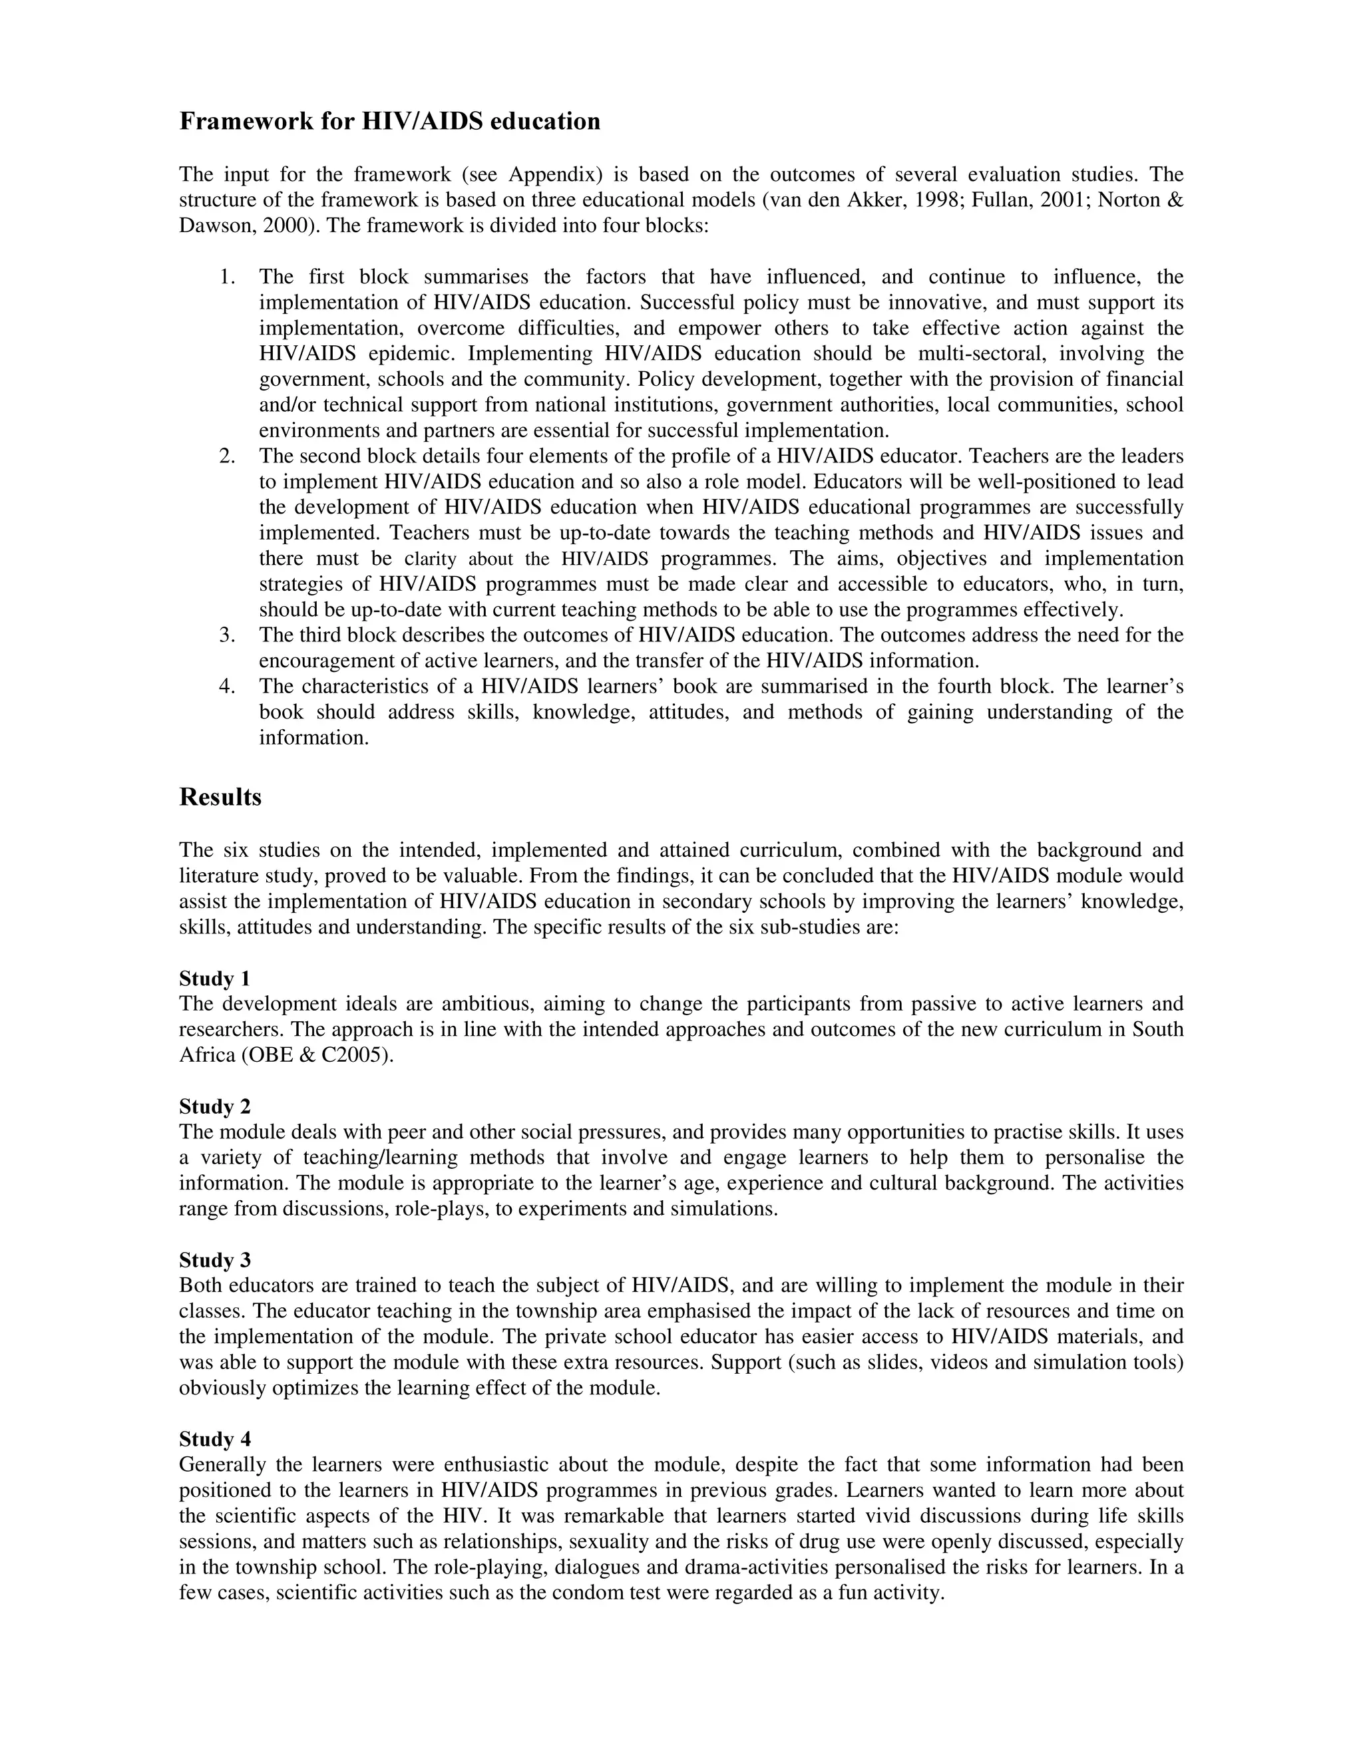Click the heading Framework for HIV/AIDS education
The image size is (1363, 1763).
[x=389, y=122]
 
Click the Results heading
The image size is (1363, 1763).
[x=220, y=798]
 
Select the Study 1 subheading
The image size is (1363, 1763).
[x=215, y=979]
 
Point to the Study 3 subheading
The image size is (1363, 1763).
[x=215, y=1260]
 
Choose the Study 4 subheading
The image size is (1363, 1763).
[x=215, y=1439]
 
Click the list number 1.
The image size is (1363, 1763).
[x=227, y=277]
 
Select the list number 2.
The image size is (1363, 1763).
[x=227, y=457]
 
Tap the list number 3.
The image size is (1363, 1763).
[x=227, y=635]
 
